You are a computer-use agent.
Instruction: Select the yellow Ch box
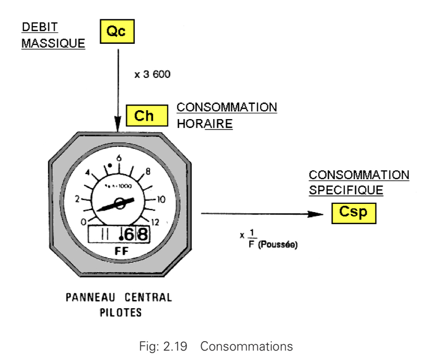(x=144, y=116)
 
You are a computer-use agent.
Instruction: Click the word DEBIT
(x=40, y=27)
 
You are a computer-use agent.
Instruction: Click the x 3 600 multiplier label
(x=152, y=75)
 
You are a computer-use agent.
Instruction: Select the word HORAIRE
(x=204, y=124)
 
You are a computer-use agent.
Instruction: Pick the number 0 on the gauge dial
(x=83, y=222)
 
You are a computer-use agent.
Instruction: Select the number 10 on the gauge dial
(x=161, y=199)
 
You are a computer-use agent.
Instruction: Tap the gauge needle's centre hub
(x=120, y=205)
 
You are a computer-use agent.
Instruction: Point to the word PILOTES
(x=119, y=313)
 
